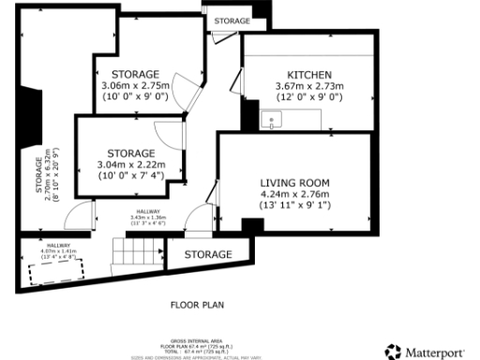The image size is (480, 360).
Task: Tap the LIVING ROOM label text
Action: click(x=295, y=182)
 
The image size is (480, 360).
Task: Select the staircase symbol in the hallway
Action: click(x=131, y=250)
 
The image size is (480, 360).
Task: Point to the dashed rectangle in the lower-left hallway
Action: click(x=55, y=273)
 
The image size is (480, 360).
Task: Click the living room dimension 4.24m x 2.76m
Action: click(x=295, y=194)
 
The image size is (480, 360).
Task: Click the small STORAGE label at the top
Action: click(x=232, y=20)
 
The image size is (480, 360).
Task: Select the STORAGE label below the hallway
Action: click(x=208, y=254)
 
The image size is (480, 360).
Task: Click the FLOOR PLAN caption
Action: click(x=197, y=305)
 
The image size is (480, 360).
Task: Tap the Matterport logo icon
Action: click(x=393, y=352)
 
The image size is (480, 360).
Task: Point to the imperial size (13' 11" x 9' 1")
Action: click(x=295, y=205)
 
